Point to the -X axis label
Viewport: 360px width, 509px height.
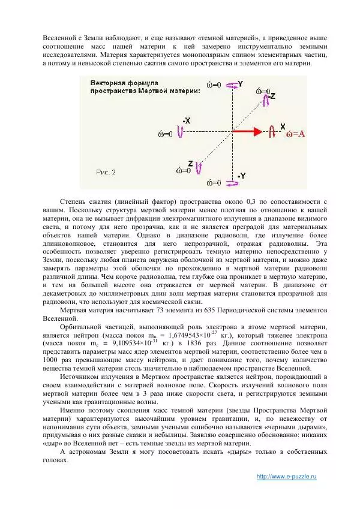point(187,121)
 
